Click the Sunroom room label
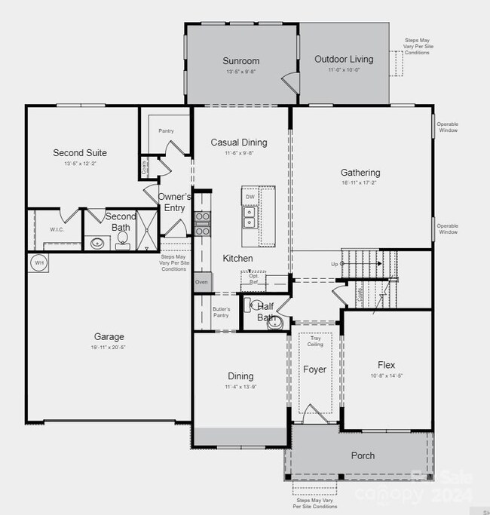point(241,61)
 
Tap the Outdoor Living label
point(344,59)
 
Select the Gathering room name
point(360,173)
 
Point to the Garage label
point(109,337)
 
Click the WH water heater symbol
point(38,262)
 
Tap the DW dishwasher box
point(250,197)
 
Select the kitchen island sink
point(249,217)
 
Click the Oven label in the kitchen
point(201,281)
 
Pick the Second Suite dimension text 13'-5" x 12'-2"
point(79,164)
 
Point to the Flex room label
point(385,365)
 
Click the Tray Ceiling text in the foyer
point(315,342)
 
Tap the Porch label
point(363,455)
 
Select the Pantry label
point(166,131)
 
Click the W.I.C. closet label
point(57,229)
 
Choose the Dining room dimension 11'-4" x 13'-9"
point(240,387)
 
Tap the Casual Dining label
point(239,143)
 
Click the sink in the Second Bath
point(97,243)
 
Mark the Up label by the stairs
point(335,264)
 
